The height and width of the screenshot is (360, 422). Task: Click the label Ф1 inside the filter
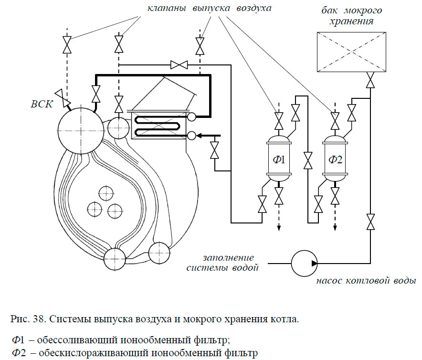pos(278,159)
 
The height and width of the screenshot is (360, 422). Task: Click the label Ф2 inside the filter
pos(336,159)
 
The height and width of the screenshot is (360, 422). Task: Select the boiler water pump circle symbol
pos(304,263)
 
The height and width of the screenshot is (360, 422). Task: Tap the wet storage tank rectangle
pos(351,52)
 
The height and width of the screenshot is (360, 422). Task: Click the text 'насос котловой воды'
pos(366,280)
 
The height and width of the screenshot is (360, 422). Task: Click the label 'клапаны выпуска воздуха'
pos(209,9)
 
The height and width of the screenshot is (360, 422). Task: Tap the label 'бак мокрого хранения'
pos(351,16)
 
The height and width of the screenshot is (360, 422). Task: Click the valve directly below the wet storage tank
pos(370,80)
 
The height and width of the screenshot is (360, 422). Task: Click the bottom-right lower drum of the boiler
pos(159,253)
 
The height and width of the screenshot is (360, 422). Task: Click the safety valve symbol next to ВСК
pos(61,97)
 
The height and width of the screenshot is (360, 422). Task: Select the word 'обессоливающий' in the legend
pos(69,340)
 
